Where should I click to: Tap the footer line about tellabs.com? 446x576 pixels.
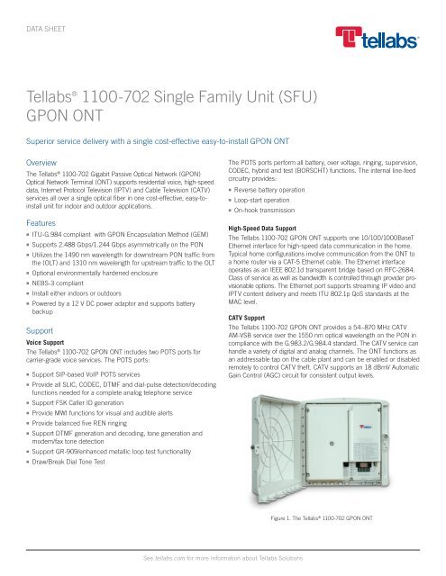point(223,559)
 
